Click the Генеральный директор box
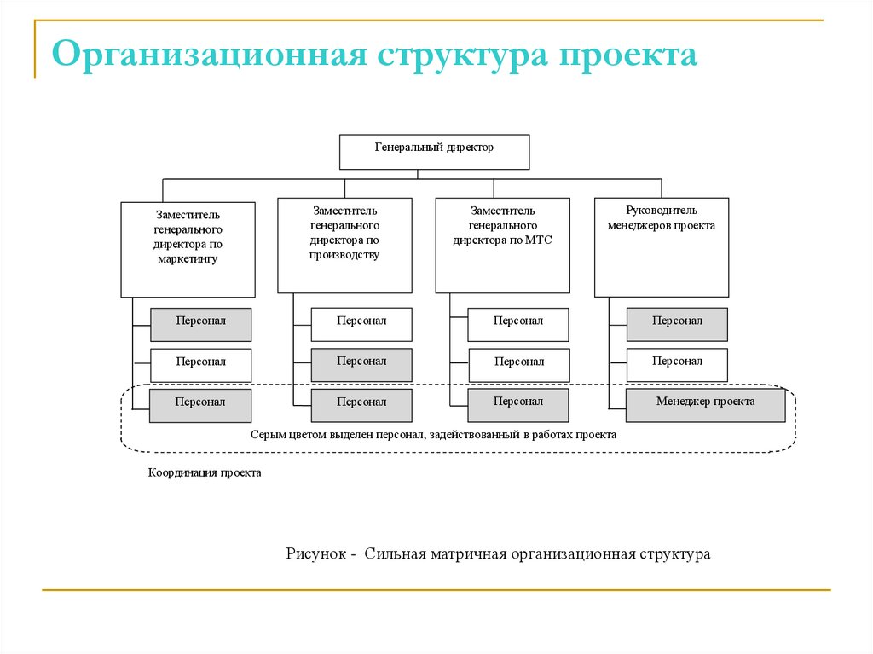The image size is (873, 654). (434, 152)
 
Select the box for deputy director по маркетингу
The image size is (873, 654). (188, 249)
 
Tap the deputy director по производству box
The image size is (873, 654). (344, 246)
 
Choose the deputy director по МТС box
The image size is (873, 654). (502, 246)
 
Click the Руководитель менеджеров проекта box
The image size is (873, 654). (661, 246)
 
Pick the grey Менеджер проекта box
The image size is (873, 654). (705, 405)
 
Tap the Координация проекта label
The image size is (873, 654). (205, 472)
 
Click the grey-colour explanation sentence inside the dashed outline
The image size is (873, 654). (433, 434)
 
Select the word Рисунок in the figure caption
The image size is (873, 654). (315, 554)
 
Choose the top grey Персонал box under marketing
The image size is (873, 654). (200, 324)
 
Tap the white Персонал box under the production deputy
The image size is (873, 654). (361, 324)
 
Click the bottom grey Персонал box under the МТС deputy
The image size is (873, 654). (517, 405)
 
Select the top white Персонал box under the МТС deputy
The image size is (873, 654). (517, 324)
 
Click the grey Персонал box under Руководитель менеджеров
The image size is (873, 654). (677, 324)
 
